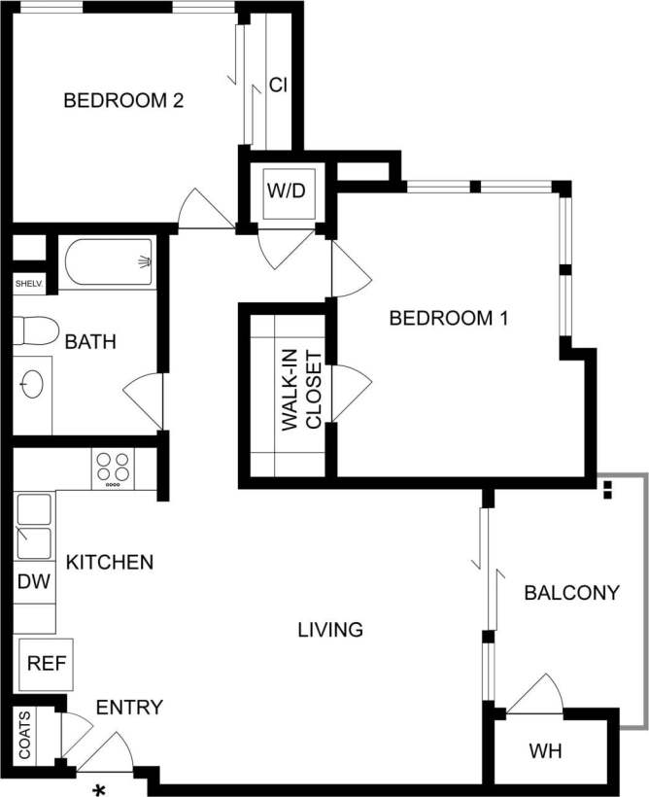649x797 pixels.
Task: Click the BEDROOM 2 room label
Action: coord(123,100)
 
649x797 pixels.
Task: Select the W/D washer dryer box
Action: coord(287,191)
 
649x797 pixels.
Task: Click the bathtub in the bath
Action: coord(109,261)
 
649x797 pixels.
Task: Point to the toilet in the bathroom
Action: coord(32,331)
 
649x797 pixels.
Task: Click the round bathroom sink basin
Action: coord(31,384)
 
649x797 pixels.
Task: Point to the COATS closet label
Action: coord(25,736)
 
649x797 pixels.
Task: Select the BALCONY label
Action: coord(571,593)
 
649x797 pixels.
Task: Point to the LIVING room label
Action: coord(330,630)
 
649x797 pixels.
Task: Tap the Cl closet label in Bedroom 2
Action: coord(278,86)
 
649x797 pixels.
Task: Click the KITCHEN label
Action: coord(109,562)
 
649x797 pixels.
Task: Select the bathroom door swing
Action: coord(144,398)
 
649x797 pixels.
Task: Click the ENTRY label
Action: coord(129,707)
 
